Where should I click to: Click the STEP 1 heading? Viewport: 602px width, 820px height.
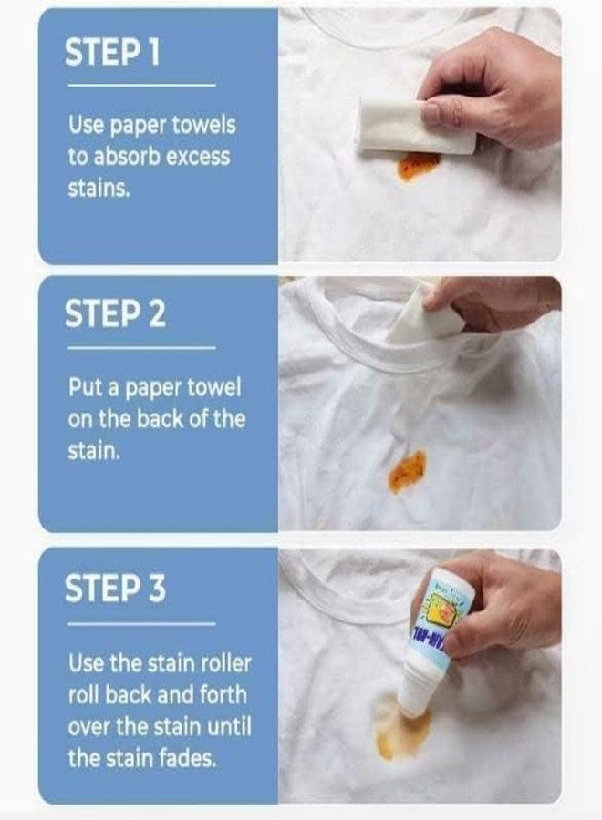coord(112,53)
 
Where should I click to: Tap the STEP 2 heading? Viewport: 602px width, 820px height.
coord(115,314)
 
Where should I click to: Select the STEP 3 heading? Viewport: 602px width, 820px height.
coord(115,589)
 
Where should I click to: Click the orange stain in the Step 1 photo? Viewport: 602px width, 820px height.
coord(419,166)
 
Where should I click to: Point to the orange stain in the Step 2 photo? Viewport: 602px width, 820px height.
coord(407,471)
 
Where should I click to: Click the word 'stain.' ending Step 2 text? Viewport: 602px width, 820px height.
coord(93,451)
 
